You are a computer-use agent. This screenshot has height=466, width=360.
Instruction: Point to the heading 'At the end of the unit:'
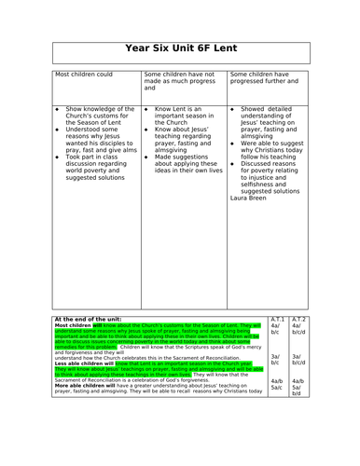pyautogui.click(x=89, y=319)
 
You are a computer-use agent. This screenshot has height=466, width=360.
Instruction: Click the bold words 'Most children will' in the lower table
pyautogui.click(x=81, y=324)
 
